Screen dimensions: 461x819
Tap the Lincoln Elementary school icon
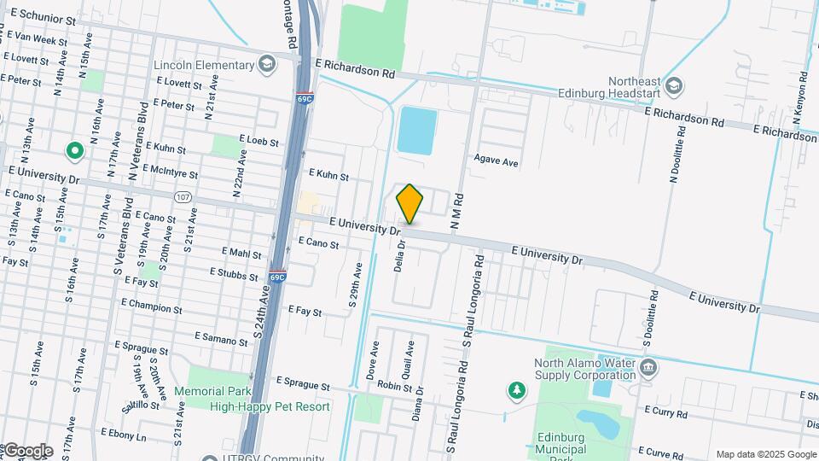pos(267,65)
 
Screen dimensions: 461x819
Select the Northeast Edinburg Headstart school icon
pos(674,85)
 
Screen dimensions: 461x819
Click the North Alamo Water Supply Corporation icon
pos(648,368)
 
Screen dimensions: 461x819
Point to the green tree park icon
pos(517,391)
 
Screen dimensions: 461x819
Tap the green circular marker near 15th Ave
pos(74,152)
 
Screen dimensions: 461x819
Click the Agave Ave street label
pos(497,161)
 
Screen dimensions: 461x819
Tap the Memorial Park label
pos(212,392)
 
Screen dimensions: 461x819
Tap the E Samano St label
pos(220,339)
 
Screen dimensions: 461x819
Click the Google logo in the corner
pos(28,451)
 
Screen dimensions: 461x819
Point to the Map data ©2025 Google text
pos(765,454)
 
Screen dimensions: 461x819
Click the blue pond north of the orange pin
pos(416,131)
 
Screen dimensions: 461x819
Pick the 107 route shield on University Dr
pos(182,198)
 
